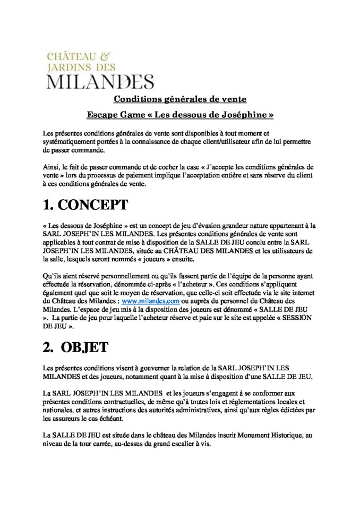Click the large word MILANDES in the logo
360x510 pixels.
[100, 82]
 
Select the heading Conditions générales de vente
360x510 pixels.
[180, 99]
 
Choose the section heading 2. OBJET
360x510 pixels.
[76, 347]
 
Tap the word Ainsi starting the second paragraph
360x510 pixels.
[51, 166]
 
